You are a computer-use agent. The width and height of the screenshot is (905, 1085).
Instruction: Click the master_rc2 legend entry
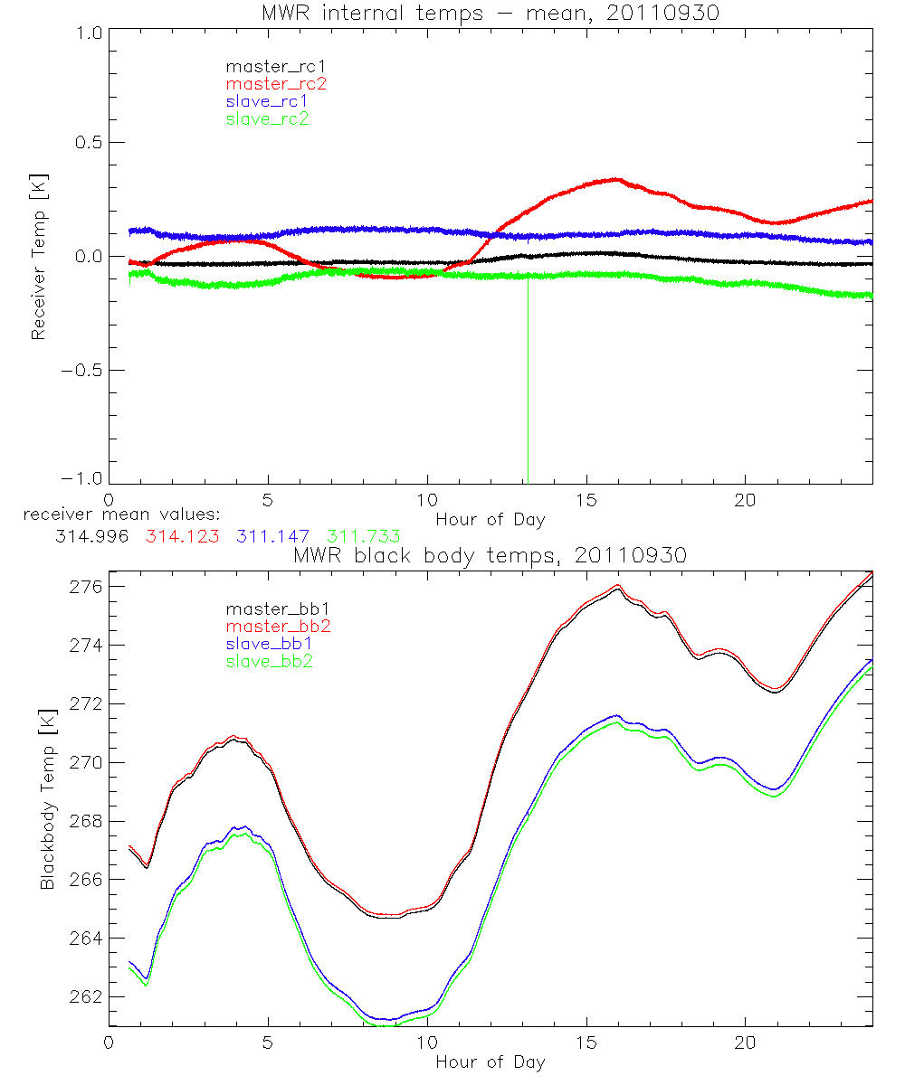coord(276,83)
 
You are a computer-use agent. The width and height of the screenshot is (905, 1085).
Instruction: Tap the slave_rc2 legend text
coord(267,118)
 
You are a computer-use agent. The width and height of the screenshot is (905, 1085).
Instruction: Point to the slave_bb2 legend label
coord(271,662)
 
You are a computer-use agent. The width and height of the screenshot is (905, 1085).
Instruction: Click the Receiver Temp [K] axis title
coord(38,256)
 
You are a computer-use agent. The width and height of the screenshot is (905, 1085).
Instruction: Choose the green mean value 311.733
coord(364,536)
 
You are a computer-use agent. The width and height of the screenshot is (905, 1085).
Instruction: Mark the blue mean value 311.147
coord(273,536)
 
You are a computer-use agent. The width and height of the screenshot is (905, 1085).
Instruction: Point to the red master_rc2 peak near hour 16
coord(615,179)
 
